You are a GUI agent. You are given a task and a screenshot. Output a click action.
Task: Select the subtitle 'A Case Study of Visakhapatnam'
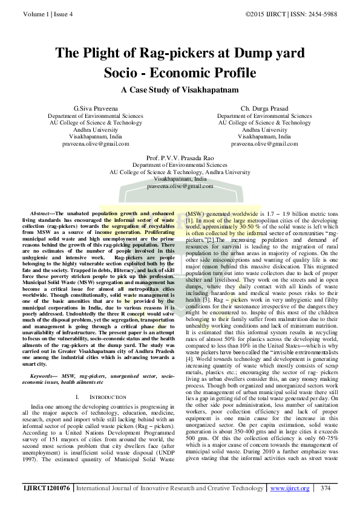tap(180, 90)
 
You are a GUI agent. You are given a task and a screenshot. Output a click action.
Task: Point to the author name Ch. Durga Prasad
tap(264, 108)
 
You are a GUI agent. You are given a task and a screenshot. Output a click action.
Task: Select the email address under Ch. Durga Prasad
tap(264, 144)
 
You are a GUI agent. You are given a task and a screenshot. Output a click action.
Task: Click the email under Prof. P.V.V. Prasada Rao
tap(180, 187)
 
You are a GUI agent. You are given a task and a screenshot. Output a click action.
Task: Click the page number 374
tap(325, 487)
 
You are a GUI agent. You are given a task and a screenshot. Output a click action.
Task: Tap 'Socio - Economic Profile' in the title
tap(180, 73)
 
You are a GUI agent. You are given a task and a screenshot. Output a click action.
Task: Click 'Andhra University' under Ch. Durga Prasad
tap(264, 130)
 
